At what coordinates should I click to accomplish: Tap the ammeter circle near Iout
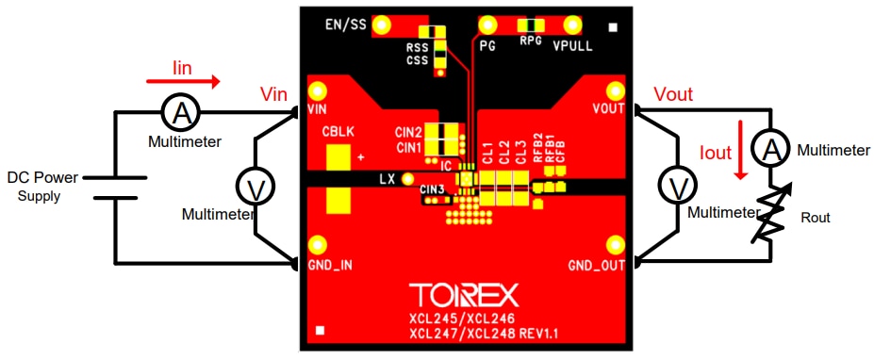(x=771, y=148)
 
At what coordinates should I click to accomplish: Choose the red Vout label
(x=672, y=94)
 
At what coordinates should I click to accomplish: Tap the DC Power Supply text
(x=44, y=187)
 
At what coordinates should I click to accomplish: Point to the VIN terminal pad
(x=318, y=91)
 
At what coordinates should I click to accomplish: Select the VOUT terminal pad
(x=616, y=91)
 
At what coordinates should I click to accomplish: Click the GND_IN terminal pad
(x=318, y=248)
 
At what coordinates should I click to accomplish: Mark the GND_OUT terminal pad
(x=616, y=248)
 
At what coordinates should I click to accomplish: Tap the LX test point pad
(x=408, y=178)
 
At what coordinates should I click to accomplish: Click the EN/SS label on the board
(x=345, y=24)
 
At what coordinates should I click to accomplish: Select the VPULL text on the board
(x=572, y=45)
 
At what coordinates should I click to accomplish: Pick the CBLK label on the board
(x=338, y=133)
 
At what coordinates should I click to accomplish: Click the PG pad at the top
(x=488, y=24)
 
